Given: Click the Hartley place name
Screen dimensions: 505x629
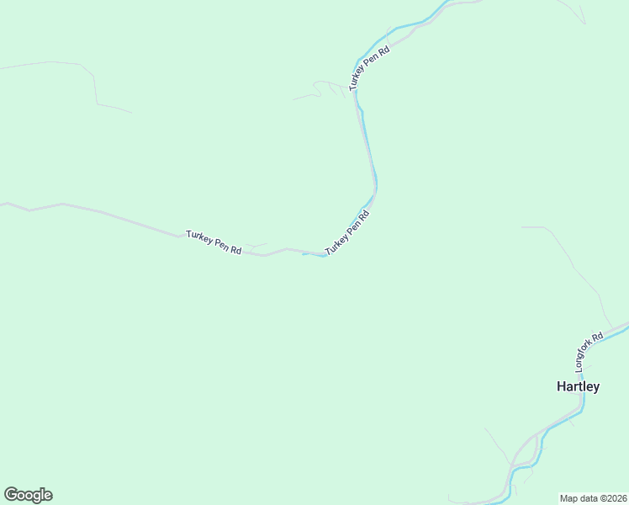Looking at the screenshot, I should coord(578,387).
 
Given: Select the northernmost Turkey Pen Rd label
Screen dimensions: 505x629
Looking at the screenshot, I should coord(370,67).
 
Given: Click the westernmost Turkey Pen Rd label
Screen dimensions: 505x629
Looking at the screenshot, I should coord(214,242).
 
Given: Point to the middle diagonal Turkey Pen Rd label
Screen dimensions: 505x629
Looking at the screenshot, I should coord(347,233).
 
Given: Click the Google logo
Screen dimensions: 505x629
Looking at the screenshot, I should coord(28,495).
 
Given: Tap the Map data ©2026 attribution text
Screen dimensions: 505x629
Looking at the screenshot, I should coord(593,497).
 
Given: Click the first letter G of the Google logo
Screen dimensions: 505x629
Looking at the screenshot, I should coord(10,495).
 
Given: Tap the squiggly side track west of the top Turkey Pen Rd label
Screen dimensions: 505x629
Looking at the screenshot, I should coord(318,88).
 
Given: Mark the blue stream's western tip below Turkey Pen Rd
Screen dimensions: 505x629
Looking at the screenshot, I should coord(304,253).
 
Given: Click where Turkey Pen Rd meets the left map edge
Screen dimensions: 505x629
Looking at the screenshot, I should coord(3,203).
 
